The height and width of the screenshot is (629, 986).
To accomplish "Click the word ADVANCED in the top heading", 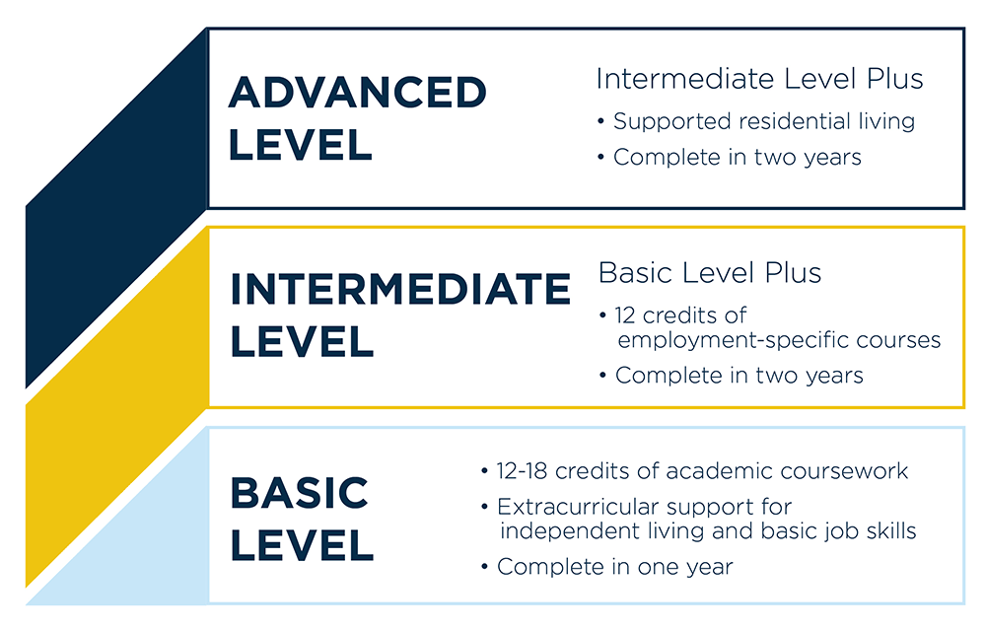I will (357, 94).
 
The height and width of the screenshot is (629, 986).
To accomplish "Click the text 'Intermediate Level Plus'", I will (759, 79).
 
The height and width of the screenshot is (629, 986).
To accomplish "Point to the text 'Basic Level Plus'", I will (710, 273).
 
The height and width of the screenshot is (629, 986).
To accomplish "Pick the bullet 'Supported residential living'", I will (763, 121).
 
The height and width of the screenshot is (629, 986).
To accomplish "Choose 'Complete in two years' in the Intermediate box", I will (739, 376).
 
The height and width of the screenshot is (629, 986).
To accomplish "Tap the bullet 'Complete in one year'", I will (614, 567).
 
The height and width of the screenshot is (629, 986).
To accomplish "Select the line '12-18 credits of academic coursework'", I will (702, 471).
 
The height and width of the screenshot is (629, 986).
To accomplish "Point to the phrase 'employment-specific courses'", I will (778, 340).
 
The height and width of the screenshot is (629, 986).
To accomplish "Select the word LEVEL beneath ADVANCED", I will (300, 145).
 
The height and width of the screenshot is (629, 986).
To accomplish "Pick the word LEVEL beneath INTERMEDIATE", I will (302, 342).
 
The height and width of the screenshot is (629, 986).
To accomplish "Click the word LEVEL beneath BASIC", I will (302, 545).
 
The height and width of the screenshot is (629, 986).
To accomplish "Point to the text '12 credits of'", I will (680, 315).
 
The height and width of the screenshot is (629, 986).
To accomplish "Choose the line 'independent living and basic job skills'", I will (707, 531).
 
